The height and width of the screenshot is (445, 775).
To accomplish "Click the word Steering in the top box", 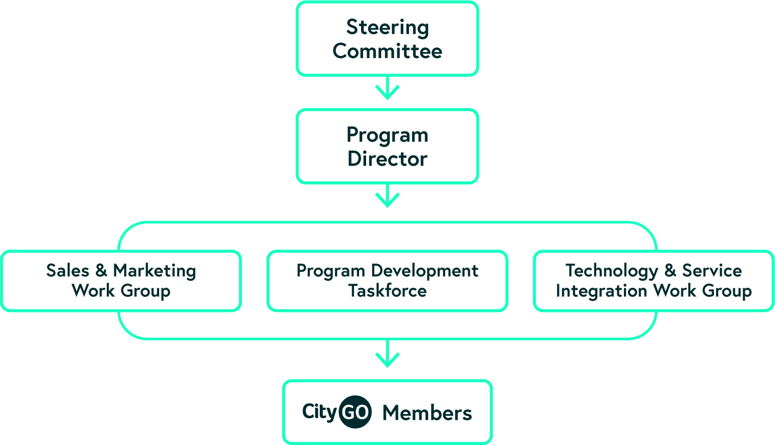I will [387, 28].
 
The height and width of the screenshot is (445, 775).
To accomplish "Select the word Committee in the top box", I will [387, 51].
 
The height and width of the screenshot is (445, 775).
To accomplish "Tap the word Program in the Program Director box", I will [387, 135].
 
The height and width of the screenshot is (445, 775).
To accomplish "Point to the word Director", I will [387, 159].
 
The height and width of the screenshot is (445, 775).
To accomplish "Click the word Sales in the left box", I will [67, 271].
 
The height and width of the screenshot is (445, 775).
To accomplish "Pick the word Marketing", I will [154, 271].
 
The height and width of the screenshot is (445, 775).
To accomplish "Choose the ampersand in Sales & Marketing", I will [101, 271].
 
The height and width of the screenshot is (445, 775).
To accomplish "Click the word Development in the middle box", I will [425, 271].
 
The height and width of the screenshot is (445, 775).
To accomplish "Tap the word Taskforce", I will [387, 291].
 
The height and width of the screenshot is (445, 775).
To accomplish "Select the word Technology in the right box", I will [611, 271].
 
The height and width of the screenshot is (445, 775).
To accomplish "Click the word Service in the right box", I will [712, 271].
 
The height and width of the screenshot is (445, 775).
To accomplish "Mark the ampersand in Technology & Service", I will [670, 271].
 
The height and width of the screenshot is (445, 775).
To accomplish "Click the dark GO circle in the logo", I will [355, 412].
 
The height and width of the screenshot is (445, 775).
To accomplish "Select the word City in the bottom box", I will [319, 412].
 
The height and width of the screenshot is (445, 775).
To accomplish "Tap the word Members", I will [427, 413].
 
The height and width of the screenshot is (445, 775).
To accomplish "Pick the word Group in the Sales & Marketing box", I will [146, 291].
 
